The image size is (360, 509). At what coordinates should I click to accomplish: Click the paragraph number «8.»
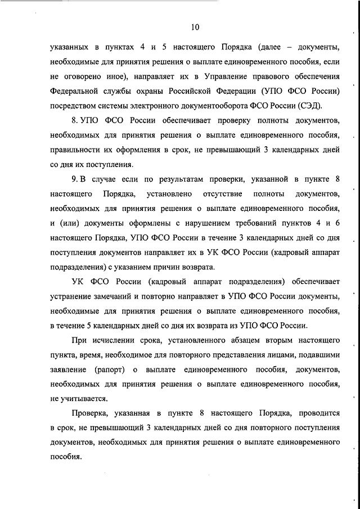[x=76, y=120]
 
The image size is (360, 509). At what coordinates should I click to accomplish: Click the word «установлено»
[x=168, y=193]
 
